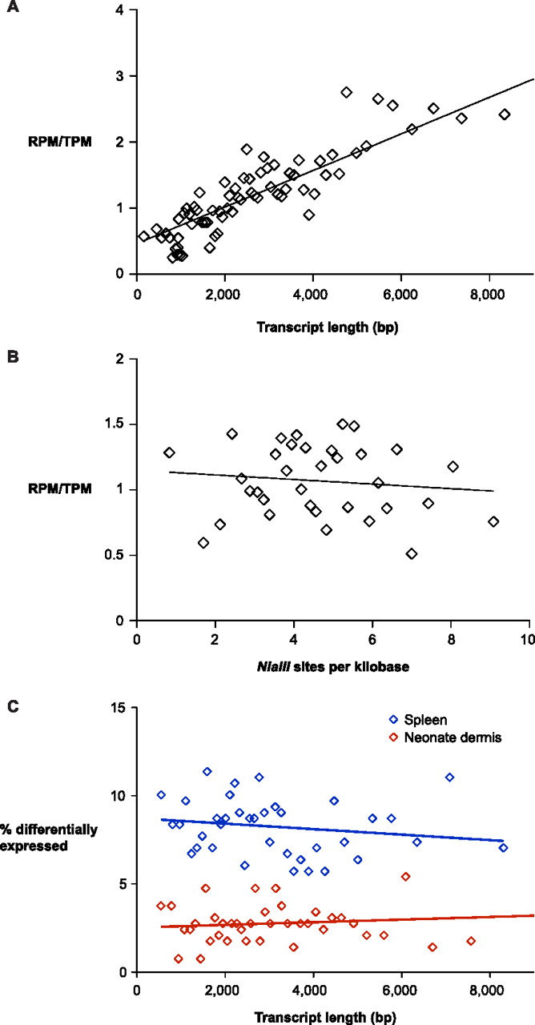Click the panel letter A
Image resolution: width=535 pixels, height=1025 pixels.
point(12,12)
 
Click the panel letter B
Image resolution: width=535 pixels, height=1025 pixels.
point(12,360)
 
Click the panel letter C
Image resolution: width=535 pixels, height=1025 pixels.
point(12,709)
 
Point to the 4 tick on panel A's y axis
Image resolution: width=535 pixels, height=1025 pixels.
point(119,10)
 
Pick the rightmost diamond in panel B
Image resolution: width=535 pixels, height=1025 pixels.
point(493,521)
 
